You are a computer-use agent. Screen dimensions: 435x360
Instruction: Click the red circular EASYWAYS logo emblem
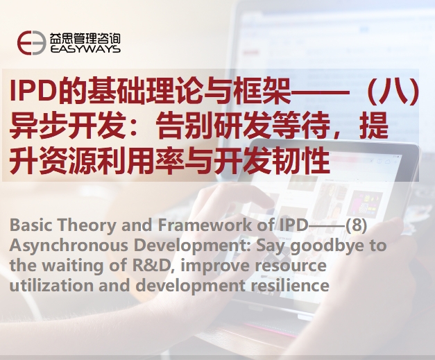coord(31,43)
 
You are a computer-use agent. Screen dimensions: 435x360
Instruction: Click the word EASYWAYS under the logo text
coord(85,49)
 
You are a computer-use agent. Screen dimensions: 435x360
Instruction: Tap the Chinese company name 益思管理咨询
coord(85,38)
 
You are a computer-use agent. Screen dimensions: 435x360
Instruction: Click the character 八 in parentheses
coord(395,91)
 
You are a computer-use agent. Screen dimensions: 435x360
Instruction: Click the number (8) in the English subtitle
coord(356,225)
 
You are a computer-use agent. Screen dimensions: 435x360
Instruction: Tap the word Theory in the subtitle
coord(87,225)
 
